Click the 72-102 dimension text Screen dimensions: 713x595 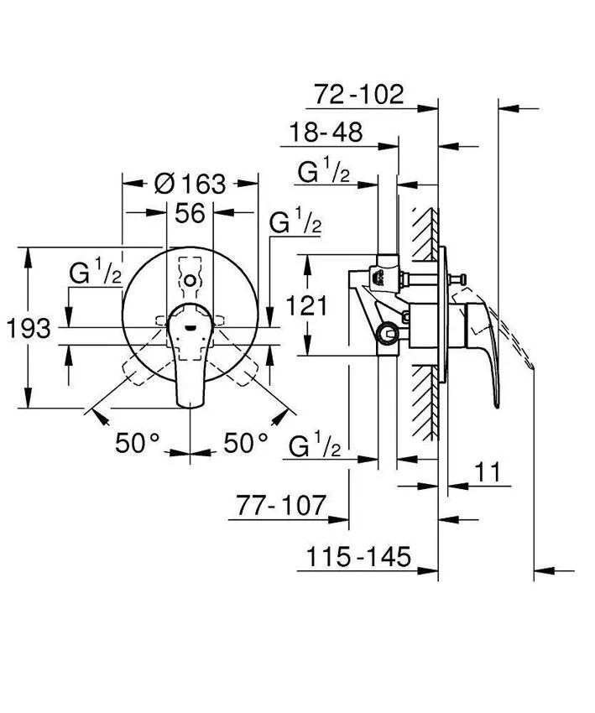359,95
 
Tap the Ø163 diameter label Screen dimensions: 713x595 191,183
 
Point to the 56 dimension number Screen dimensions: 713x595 190,213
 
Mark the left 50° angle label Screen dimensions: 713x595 138,443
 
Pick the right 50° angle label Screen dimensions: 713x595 245,443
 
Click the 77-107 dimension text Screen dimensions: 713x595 279,506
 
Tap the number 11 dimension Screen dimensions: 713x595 490,472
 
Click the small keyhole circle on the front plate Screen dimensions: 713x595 191,280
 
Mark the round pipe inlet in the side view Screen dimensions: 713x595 389,334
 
